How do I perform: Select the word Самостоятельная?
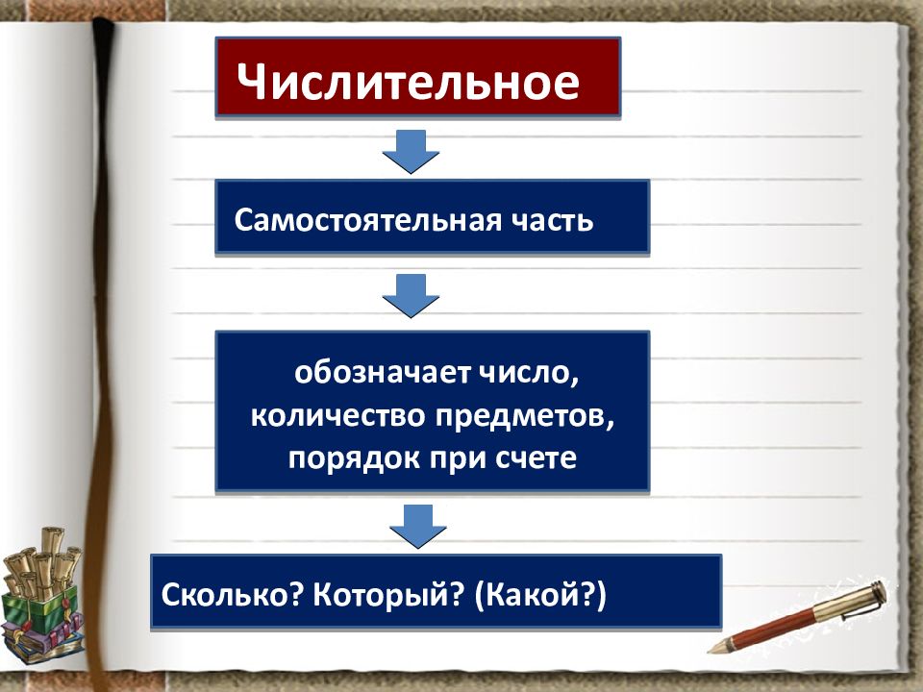click(x=362, y=219)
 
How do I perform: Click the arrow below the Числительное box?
click(x=411, y=151)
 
